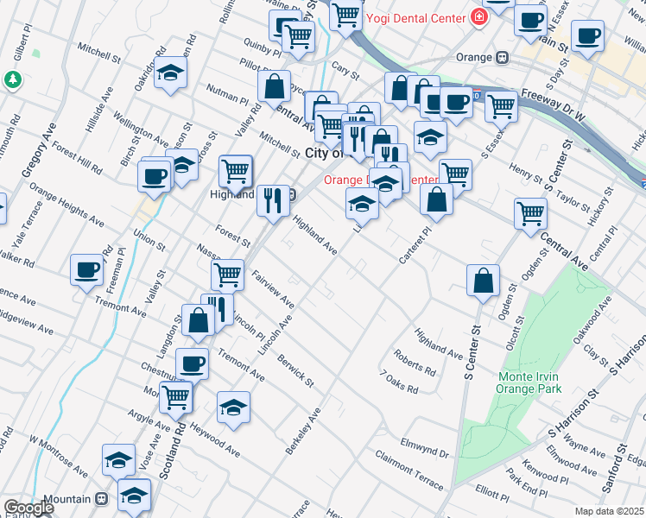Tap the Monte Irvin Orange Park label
point(529,382)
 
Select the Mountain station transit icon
point(102,500)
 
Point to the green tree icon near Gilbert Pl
point(13,80)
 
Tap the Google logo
point(28,509)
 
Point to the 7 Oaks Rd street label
point(399,382)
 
